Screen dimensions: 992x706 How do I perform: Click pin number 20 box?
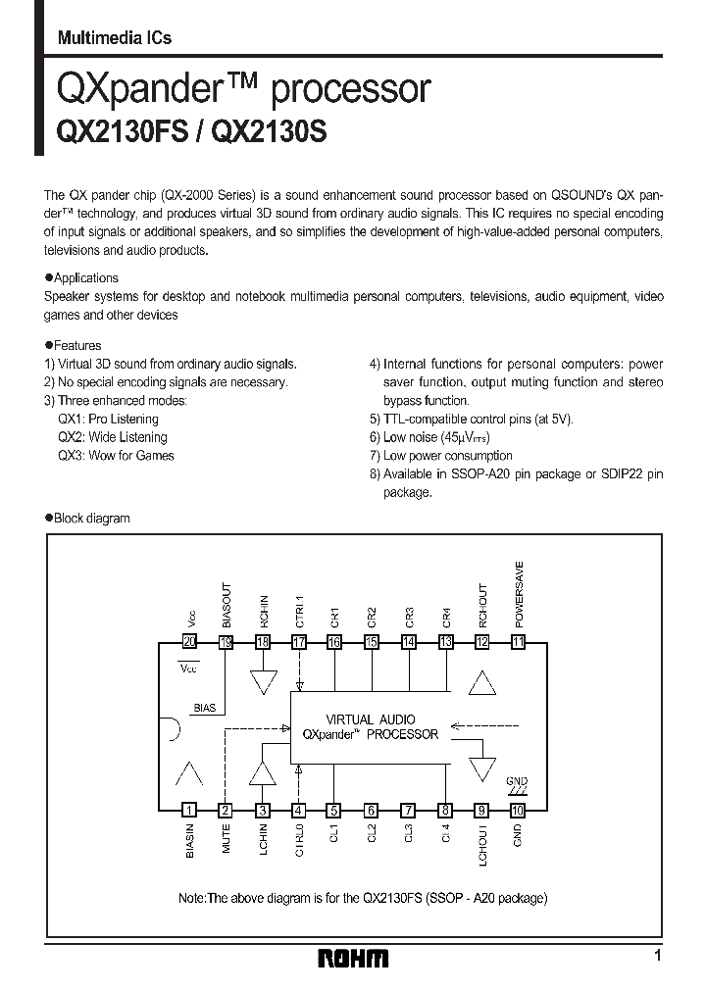pos(189,642)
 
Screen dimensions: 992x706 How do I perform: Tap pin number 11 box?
pos(518,642)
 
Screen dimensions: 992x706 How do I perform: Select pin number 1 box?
pos(189,810)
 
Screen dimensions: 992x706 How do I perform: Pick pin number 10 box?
pos(518,810)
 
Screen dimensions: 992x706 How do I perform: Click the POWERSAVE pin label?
pos(519,594)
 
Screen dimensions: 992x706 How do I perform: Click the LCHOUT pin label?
pos(481,844)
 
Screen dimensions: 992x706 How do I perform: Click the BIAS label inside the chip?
pos(204,707)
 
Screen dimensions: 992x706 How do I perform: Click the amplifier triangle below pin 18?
pos(263,680)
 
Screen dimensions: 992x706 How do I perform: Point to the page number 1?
pos(658,955)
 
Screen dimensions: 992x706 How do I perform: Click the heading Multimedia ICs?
pos(115,38)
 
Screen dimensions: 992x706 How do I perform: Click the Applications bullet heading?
pos(86,277)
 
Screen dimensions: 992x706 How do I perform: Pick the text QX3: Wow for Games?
pos(116,455)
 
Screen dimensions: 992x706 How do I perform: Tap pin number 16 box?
pos(335,642)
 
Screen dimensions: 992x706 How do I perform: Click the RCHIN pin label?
pos(264,610)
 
